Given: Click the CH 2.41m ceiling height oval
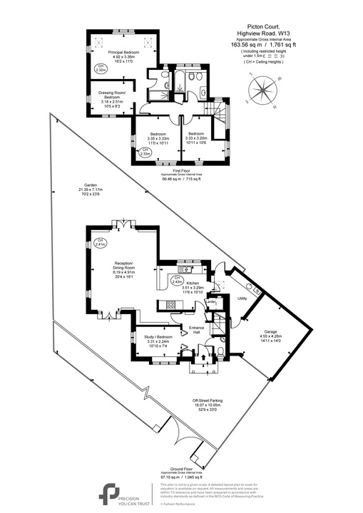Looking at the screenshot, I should click(100, 242).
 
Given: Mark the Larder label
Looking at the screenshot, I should click(211, 302).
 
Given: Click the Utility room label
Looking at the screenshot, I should click(242, 298).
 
